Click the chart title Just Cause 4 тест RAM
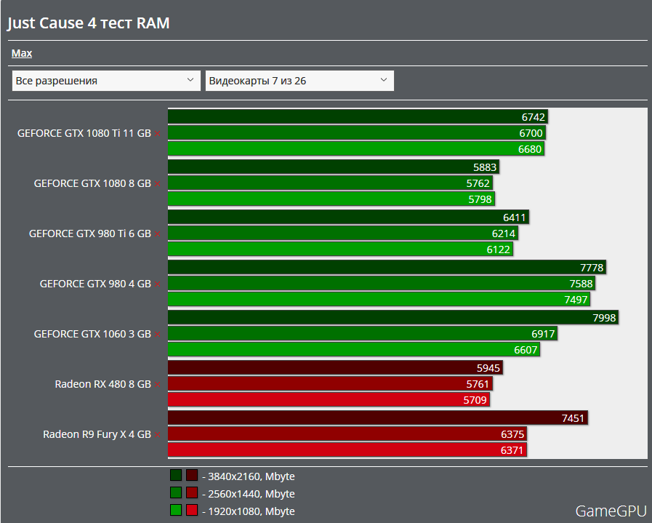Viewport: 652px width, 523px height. pos(88,23)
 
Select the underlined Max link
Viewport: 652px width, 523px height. pos(22,53)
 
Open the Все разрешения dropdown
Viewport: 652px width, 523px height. pos(106,81)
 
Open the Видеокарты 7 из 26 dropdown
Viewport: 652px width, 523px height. pos(299,81)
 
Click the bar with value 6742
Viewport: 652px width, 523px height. pos(357,116)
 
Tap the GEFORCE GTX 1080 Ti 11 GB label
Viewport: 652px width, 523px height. pos(84,133)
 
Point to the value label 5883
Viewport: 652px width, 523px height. pos(484,167)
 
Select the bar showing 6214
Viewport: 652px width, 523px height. pos(342,233)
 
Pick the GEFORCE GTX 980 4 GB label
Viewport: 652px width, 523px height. pos(95,284)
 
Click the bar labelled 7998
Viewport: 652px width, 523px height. pos(393,317)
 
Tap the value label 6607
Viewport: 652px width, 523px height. pos(526,350)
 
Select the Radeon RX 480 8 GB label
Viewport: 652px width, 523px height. pos(102,384)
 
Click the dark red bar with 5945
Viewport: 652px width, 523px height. pos(335,367)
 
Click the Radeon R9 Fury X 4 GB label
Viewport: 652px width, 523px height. pos(97,434)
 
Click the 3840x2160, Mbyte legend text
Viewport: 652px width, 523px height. pos(251,476)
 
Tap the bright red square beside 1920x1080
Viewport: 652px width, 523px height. pos(192,510)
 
